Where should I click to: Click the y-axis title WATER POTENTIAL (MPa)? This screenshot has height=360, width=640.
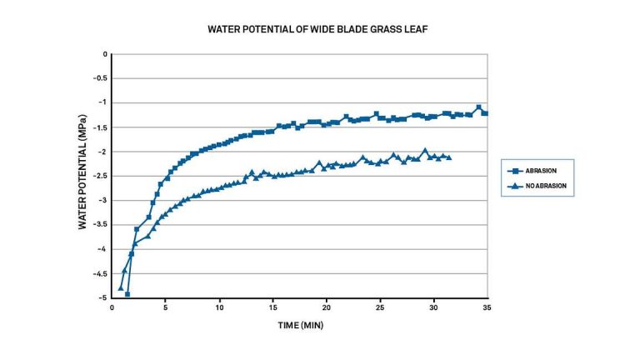click(x=83, y=176)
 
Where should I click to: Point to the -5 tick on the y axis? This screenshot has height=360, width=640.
click(x=104, y=297)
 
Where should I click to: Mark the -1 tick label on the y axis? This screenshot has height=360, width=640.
click(x=104, y=102)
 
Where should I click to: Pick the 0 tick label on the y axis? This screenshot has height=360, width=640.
click(x=106, y=54)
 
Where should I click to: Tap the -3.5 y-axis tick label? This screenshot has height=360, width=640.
click(x=101, y=224)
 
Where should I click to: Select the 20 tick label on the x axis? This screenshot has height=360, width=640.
click(x=327, y=307)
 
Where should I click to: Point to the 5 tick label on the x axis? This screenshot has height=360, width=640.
click(x=165, y=307)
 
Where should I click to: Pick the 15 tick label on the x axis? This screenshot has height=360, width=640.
click(x=272, y=307)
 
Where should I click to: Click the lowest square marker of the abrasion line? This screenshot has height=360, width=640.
click(x=127, y=294)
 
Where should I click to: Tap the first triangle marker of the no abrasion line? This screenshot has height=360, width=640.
click(x=121, y=287)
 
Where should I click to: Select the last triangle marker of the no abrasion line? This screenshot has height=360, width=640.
click(x=449, y=157)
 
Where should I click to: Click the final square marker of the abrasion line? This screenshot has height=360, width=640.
click(x=485, y=112)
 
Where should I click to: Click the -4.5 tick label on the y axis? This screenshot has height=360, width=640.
click(x=101, y=273)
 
